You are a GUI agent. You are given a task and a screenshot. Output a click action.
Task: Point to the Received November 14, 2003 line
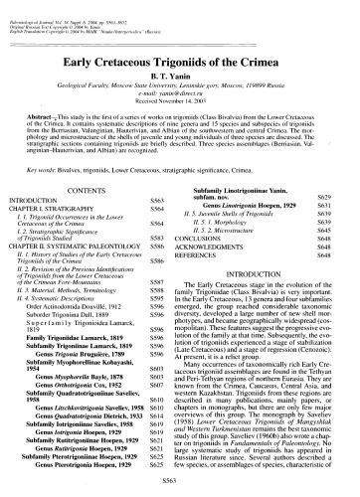pos(179,87)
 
